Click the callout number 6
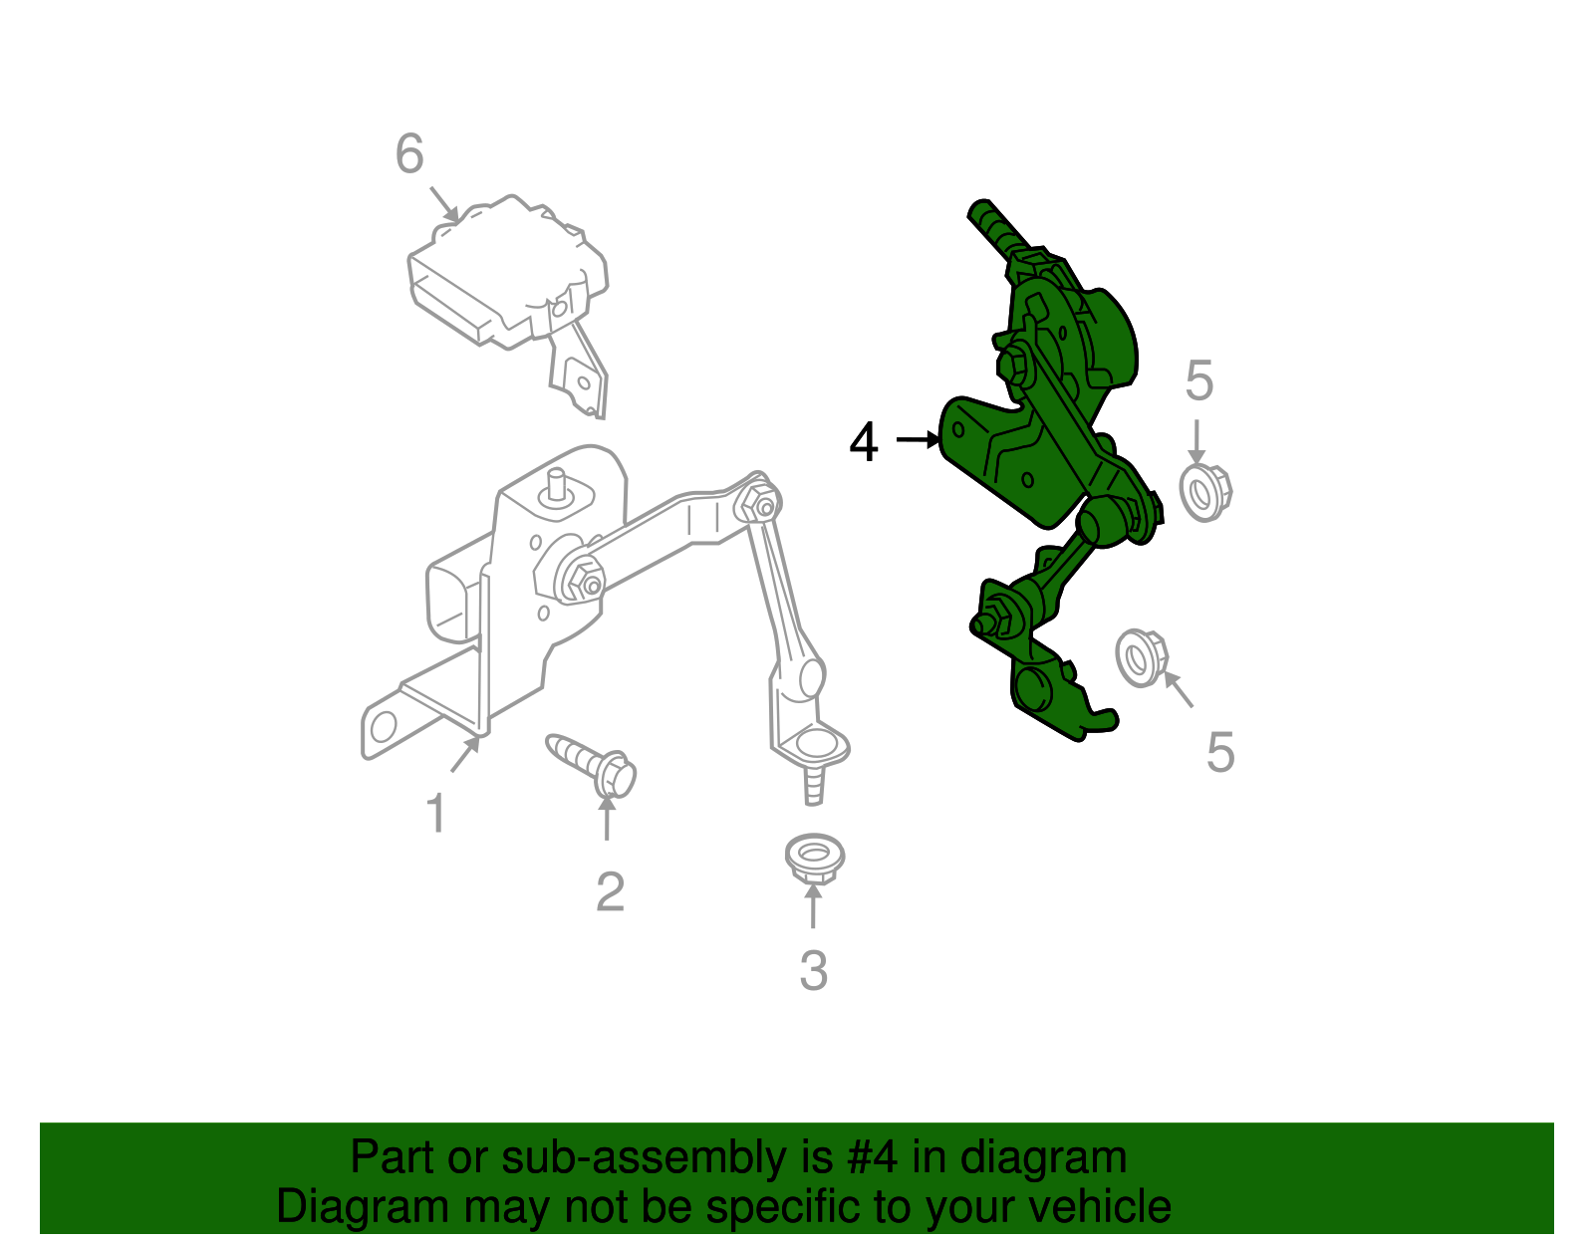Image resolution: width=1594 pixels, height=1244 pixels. (x=409, y=153)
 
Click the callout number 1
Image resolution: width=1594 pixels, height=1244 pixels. (x=436, y=813)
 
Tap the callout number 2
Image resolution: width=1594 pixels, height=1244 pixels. (x=610, y=892)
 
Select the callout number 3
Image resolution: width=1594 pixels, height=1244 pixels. (x=814, y=970)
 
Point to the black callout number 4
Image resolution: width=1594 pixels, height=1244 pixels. (x=863, y=441)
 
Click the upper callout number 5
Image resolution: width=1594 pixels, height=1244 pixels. (x=1199, y=380)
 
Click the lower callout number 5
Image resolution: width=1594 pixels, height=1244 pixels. (x=1220, y=752)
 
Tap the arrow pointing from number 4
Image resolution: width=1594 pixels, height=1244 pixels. (x=919, y=440)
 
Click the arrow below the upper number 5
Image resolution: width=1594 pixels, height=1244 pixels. (x=1196, y=443)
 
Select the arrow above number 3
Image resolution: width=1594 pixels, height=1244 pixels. (x=813, y=906)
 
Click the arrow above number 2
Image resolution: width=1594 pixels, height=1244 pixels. (x=607, y=818)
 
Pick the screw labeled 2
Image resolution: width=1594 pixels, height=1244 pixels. (x=591, y=766)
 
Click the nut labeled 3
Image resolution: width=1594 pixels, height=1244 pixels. (x=814, y=858)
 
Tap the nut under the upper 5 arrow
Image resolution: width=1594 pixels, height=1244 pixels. (x=1205, y=493)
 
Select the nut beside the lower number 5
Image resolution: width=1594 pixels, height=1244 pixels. (x=1142, y=657)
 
